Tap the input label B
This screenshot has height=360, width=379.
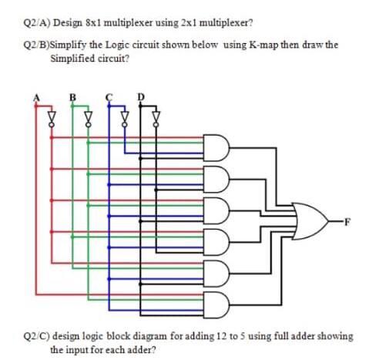coord(73,98)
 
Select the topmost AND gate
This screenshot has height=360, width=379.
coord(217,146)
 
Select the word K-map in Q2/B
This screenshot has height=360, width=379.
coord(261,45)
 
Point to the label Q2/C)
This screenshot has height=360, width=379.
coord(36,336)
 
